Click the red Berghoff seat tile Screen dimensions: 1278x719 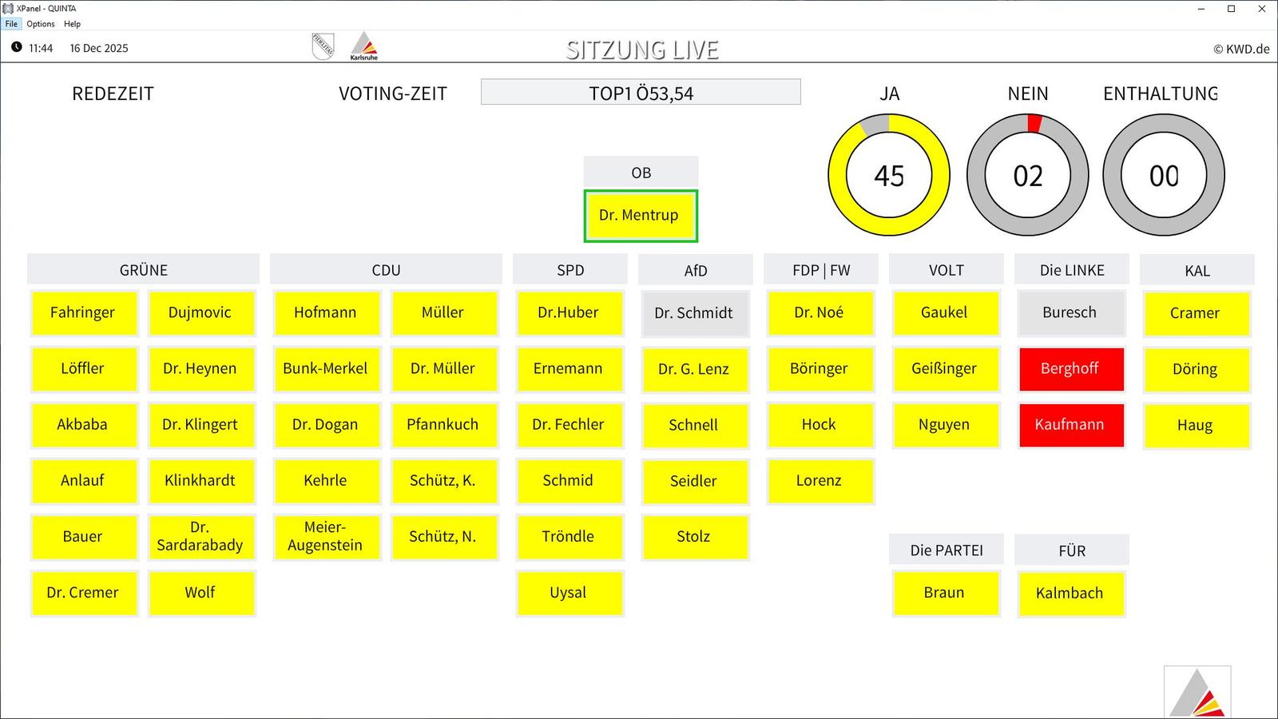point(1071,368)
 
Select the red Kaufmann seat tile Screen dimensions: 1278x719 point(1071,424)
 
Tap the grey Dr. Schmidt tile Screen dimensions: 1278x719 point(695,312)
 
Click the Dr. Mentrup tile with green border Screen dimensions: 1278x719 point(640,216)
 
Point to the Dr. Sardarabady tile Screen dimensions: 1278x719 point(200,536)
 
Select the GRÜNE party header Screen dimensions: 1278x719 point(143,269)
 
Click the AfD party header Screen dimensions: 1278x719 point(696,270)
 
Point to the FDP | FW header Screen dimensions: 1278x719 point(821,269)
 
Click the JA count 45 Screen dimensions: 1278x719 point(889,175)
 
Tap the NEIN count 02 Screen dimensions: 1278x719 point(1027,175)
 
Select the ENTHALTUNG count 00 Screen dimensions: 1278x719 point(1163,175)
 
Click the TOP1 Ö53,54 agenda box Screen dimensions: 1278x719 point(641,92)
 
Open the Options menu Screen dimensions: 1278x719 point(41,24)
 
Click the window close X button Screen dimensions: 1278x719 point(1261,9)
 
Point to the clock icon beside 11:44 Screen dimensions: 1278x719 point(17,47)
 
